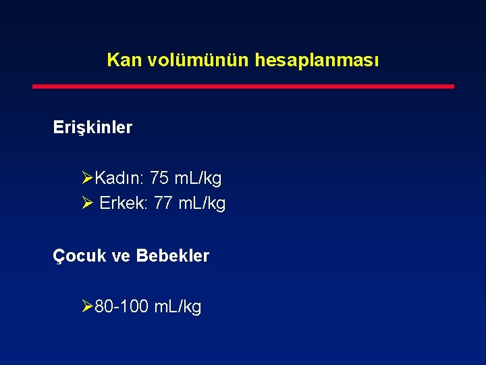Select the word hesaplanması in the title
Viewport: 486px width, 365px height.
tap(317, 60)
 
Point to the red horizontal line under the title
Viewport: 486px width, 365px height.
tap(244, 87)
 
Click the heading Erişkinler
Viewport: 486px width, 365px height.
tap(93, 127)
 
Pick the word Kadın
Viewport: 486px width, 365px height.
tap(119, 178)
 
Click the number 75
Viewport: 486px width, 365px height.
tap(159, 178)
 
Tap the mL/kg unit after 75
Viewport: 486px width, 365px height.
tap(198, 178)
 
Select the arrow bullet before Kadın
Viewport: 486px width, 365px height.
tap(87, 179)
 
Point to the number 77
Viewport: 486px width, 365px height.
tap(163, 203)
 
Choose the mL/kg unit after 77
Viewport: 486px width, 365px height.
tap(202, 203)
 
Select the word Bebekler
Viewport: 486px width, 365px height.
tap(173, 256)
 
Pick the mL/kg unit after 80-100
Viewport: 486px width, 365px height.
tap(178, 307)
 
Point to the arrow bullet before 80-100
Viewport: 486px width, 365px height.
tap(87, 308)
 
